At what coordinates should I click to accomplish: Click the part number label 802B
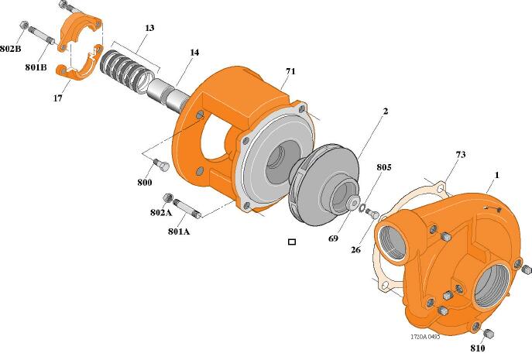[11, 49]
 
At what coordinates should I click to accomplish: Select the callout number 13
[149, 27]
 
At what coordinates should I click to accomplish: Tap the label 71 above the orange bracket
[290, 71]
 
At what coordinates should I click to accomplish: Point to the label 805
[384, 167]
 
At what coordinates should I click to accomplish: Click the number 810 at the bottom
[478, 348]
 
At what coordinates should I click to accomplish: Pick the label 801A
[179, 231]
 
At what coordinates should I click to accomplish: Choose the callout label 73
[461, 155]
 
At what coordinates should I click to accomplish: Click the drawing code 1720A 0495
[425, 337]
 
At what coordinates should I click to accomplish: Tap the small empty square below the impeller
[292, 242]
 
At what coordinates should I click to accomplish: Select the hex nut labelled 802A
[168, 198]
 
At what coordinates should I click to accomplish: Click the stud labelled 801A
[187, 208]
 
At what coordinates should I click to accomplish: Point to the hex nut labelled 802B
[24, 25]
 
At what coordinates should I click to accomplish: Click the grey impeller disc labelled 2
[324, 185]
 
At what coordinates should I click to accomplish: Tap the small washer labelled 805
[362, 207]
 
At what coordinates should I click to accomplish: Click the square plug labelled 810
[488, 334]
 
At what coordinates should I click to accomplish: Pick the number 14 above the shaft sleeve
[194, 53]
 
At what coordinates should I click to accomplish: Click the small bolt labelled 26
[372, 214]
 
